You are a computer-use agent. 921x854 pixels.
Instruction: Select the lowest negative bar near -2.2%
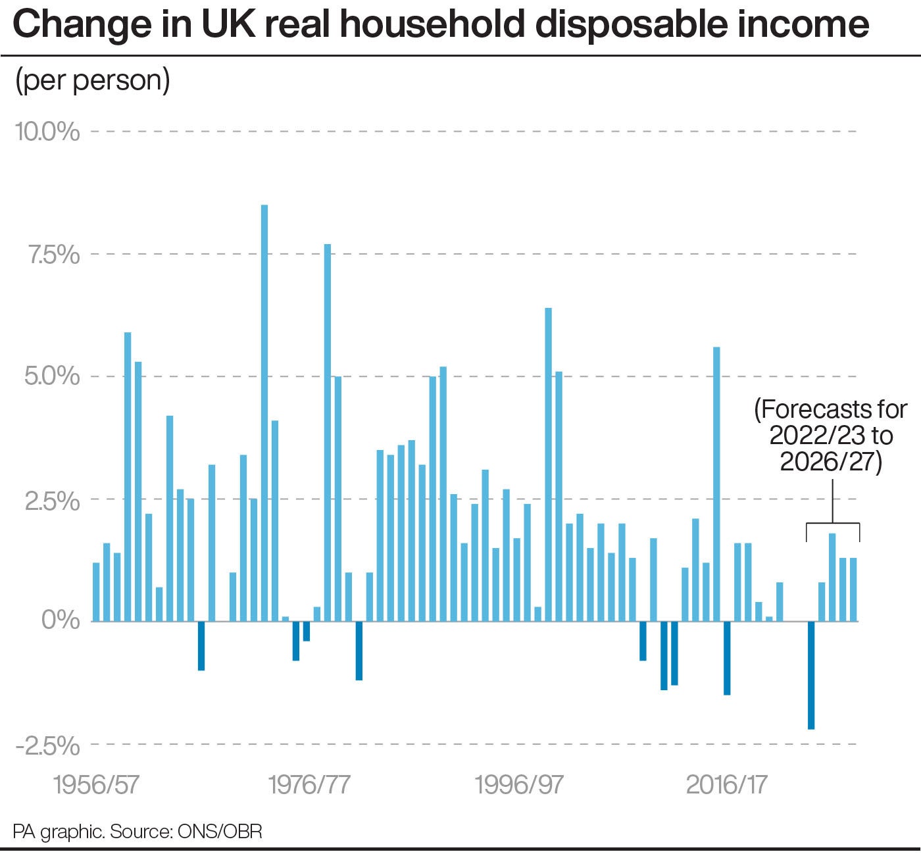(x=811, y=675)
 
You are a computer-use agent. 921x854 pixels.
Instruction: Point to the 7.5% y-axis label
(x=53, y=254)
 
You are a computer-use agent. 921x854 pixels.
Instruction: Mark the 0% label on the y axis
(x=61, y=621)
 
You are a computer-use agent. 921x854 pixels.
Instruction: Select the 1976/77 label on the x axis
(x=310, y=785)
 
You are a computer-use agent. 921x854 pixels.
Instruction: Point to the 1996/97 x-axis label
(x=520, y=785)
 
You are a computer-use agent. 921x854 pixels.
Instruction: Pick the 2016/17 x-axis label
(x=727, y=785)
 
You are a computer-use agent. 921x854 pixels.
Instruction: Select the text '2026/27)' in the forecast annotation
(x=831, y=461)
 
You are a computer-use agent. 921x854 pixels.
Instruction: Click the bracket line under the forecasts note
(x=833, y=524)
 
